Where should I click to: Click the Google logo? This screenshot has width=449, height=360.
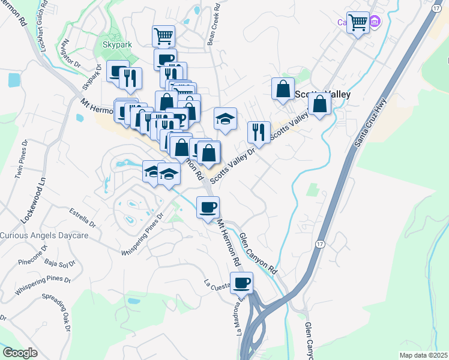click(20, 352)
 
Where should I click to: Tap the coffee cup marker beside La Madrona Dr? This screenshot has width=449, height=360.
click(241, 283)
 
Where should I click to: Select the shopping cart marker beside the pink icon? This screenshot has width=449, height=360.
click(358, 23)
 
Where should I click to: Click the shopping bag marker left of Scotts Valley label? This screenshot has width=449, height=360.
click(283, 89)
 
